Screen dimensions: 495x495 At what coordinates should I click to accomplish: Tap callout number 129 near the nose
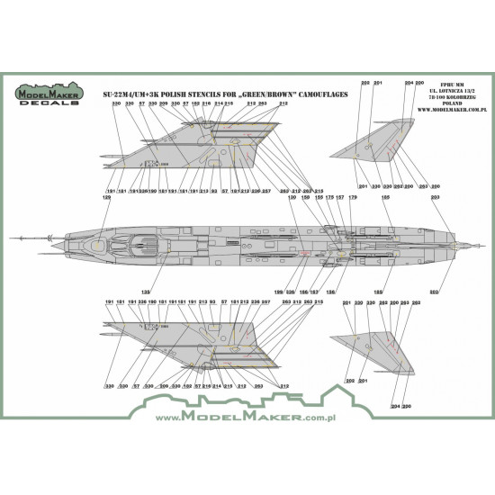(x=108, y=197)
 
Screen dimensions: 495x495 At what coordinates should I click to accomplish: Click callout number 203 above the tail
(x=436, y=197)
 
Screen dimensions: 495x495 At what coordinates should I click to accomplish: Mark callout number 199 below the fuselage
(x=278, y=292)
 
